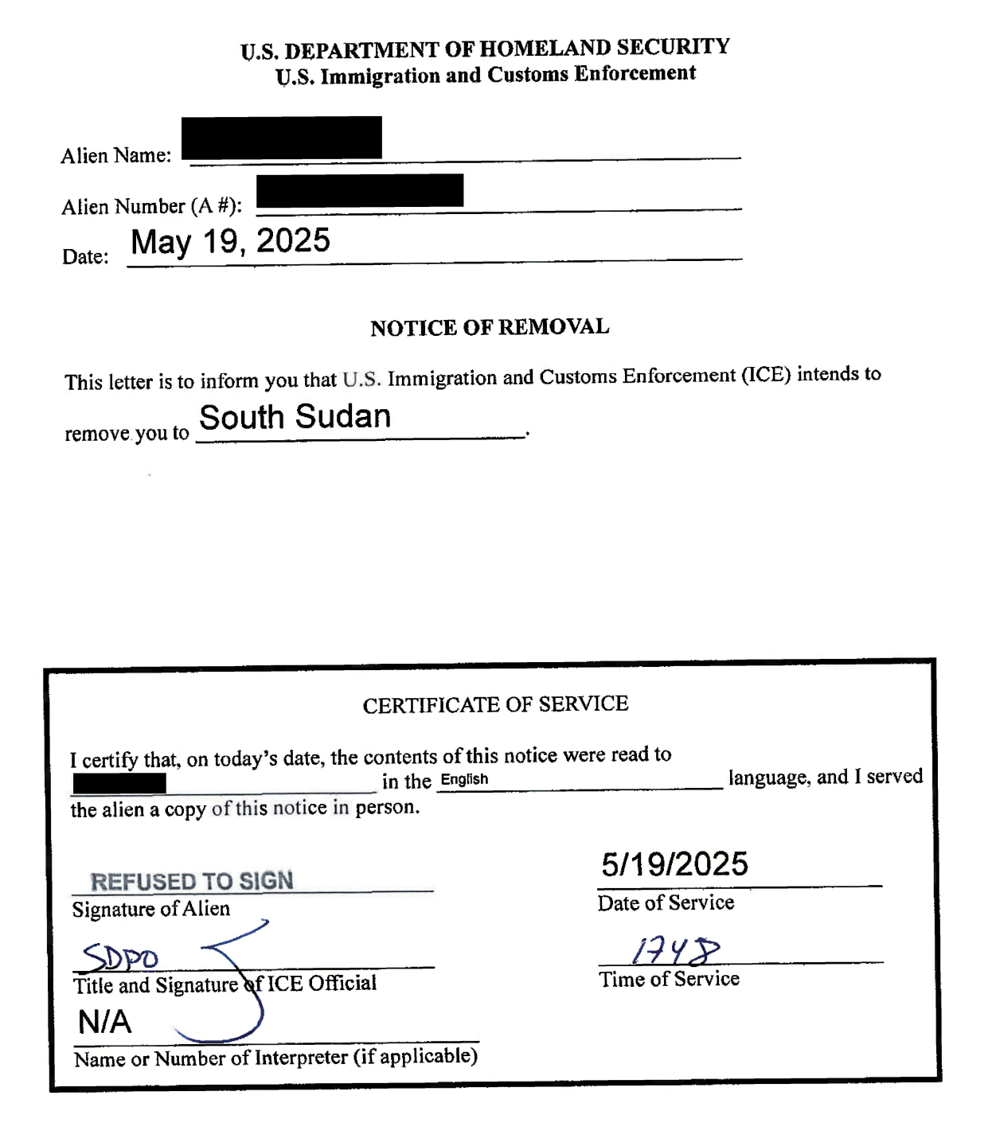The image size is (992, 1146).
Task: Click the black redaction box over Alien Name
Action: click(x=281, y=138)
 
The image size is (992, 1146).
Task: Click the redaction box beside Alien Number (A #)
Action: click(x=360, y=190)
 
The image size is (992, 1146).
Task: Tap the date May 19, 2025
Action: click(x=230, y=241)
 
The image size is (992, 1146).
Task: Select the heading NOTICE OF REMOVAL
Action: click(x=490, y=327)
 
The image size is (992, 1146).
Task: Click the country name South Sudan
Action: click(x=295, y=417)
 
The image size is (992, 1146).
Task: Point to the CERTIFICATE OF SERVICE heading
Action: click(x=495, y=704)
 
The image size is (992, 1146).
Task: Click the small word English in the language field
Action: click(x=464, y=779)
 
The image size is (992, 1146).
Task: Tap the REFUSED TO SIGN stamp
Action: click(x=192, y=881)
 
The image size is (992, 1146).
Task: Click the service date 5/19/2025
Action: click(x=674, y=864)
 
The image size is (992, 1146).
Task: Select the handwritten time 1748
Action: click(x=675, y=950)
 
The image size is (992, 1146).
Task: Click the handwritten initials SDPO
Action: click(x=121, y=957)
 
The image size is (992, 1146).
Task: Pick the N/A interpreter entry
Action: click(x=104, y=1022)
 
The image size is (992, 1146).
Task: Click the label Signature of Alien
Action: click(x=151, y=909)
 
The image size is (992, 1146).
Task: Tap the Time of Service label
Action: click(x=669, y=979)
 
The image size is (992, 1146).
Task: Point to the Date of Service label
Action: click(x=666, y=902)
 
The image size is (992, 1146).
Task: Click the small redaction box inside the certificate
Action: click(x=119, y=784)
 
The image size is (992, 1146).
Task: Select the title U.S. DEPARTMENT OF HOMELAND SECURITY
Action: click(x=485, y=49)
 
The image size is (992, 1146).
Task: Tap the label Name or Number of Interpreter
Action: click(x=275, y=1058)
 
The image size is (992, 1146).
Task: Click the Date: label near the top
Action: click(x=85, y=256)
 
